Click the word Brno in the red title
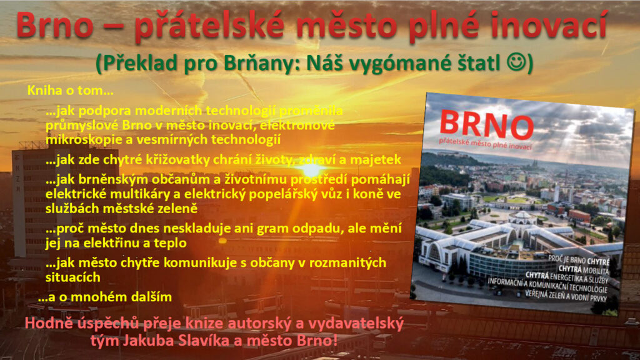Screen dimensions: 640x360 coord(55,25)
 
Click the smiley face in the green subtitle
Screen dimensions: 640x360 coord(516,62)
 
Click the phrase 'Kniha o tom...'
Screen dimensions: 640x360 coord(70,90)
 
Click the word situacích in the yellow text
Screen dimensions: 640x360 coord(72,277)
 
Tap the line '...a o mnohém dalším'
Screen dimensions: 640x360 coord(105,297)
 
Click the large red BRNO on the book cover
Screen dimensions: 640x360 coord(486,125)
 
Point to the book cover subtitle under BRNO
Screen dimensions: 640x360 coord(485,143)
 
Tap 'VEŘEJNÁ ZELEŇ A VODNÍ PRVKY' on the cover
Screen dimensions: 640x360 coord(566,296)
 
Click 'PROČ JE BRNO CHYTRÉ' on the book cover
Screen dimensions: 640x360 coord(579,261)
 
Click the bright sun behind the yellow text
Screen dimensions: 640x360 coord(312,169)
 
